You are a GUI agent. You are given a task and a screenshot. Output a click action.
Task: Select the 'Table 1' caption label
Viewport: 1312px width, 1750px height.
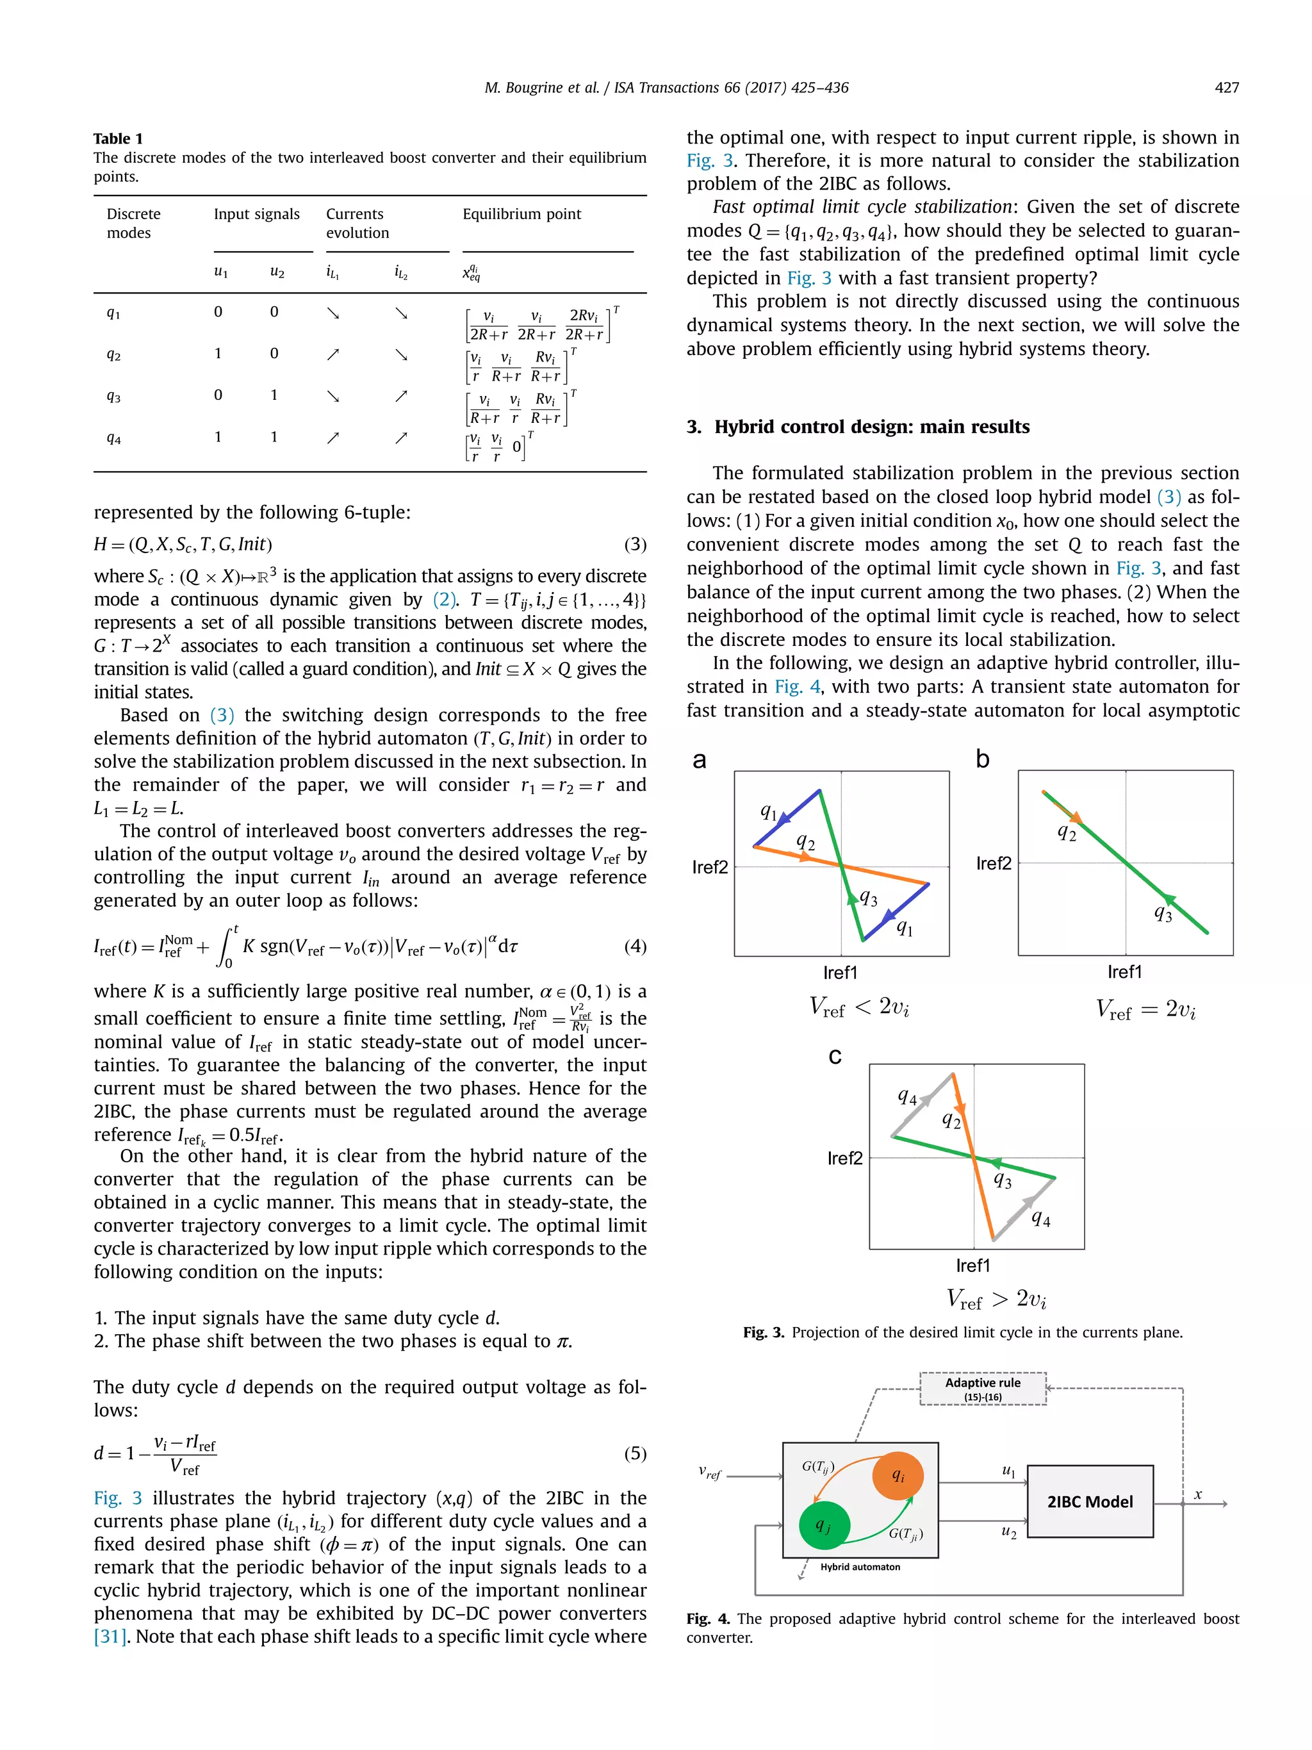click(118, 138)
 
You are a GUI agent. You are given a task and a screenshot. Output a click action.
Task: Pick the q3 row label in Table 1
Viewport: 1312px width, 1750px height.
click(114, 397)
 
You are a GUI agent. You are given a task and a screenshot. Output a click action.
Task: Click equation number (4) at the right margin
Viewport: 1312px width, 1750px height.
click(635, 946)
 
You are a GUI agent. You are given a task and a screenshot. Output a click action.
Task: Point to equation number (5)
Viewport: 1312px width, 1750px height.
click(635, 1453)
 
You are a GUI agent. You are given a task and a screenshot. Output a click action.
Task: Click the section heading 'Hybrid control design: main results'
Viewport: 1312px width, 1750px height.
click(871, 427)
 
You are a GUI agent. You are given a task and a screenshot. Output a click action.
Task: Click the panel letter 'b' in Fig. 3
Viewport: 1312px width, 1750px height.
click(982, 759)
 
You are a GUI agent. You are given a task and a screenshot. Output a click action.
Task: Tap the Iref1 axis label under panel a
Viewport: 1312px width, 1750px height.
click(840, 972)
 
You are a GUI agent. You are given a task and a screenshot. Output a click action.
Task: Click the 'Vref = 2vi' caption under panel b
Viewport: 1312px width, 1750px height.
click(1145, 1009)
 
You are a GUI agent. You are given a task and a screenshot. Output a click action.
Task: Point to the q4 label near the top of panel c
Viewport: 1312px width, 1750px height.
click(906, 1096)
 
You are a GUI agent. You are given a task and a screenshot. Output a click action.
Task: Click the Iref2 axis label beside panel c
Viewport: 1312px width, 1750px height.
click(844, 1158)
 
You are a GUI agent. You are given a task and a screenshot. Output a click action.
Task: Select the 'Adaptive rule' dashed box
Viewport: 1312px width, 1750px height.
click(982, 1389)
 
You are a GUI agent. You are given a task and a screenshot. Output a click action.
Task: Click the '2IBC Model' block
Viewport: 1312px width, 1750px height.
click(1090, 1501)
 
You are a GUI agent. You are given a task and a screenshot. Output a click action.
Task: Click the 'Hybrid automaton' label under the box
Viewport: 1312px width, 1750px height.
click(860, 1567)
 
